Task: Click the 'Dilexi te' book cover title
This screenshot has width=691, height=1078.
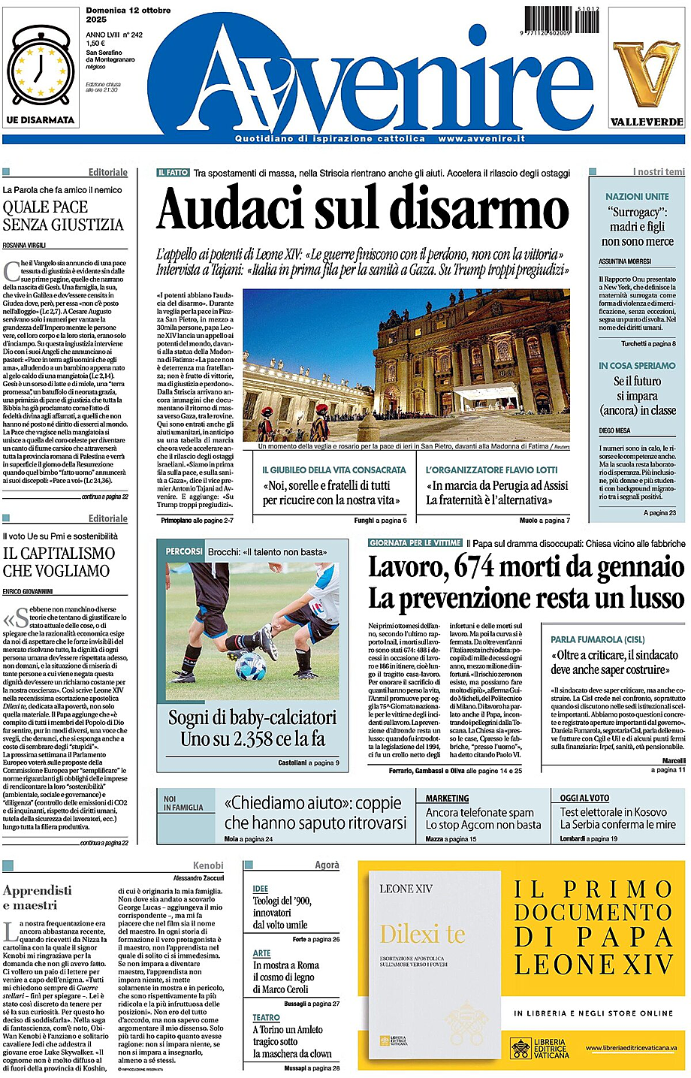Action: (x=422, y=935)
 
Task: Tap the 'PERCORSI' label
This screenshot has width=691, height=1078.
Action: (x=183, y=551)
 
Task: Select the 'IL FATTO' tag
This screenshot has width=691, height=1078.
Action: (x=174, y=172)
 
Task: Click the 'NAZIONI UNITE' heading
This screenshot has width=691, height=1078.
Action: (x=637, y=196)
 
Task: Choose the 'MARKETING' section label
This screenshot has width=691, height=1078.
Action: (x=447, y=798)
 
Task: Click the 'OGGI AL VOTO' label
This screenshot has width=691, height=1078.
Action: (x=584, y=798)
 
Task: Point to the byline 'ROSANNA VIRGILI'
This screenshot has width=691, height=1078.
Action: (x=24, y=246)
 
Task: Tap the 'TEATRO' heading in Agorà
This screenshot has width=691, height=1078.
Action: (x=266, y=1017)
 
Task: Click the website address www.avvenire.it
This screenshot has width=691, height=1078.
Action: (x=481, y=139)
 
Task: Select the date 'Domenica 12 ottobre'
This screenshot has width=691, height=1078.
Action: (x=128, y=11)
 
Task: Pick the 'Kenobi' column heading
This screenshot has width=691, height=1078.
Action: (x=208, y=865)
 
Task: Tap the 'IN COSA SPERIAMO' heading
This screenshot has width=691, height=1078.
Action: (x=637, y=366)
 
